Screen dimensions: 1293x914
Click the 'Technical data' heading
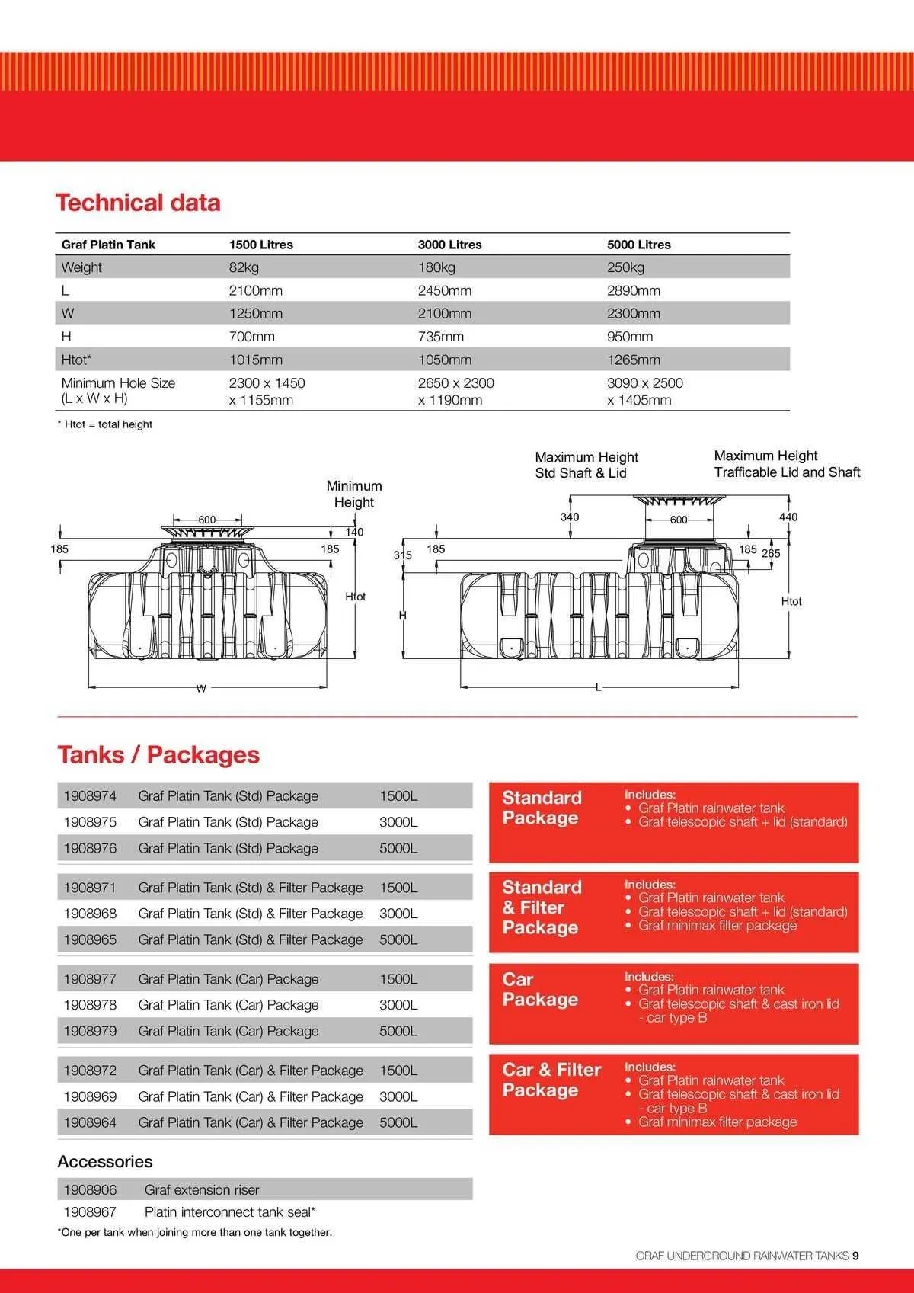pos(138,203)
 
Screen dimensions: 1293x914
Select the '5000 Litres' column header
pos(638,245)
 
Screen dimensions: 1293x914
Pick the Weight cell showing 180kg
pos(436,267)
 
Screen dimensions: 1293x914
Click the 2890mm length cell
pos(633,290)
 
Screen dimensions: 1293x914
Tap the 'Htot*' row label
pos(76,360)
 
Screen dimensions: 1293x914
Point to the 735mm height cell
pos(440,337)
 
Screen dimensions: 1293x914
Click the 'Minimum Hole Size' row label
pos(118,383)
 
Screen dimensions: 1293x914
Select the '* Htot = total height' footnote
pos(105,424)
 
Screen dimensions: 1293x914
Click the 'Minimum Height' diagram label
pos(354,494)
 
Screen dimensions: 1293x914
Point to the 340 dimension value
pos(570,517)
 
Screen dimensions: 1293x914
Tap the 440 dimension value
pos(788,517)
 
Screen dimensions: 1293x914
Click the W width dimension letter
pos(201,689)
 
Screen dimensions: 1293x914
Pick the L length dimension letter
pos(599,688)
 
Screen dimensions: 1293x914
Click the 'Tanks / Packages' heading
pos(158,754)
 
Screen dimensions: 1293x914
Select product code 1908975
pos(90,822)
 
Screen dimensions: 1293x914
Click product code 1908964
pos(90,1122)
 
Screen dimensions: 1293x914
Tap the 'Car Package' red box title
pos(540,989)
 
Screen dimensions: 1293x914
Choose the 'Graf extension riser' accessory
pos(202,1189)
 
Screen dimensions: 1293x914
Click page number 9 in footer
pos(856,1256)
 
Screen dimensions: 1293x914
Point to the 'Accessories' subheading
pos(105,1161)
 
